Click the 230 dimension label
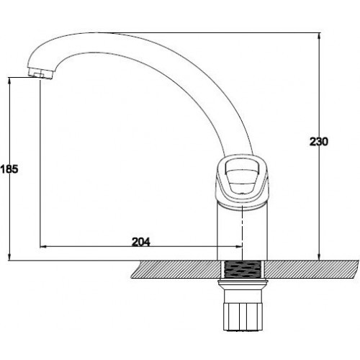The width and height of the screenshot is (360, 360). tap(318, 142)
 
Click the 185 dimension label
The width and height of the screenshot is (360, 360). tap(9, 169)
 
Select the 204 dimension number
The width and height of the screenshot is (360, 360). tap(141, 242)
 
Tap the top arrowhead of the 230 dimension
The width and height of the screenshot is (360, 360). tap(319, 36)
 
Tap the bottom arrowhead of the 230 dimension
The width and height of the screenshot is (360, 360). tap(319, 257)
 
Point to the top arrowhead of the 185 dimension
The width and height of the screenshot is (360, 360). tap(9, 81)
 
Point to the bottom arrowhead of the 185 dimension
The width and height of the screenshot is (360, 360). tap(9, 257)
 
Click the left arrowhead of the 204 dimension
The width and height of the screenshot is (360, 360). tap(43, 246)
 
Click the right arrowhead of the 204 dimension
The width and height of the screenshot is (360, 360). tap(239, 246)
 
